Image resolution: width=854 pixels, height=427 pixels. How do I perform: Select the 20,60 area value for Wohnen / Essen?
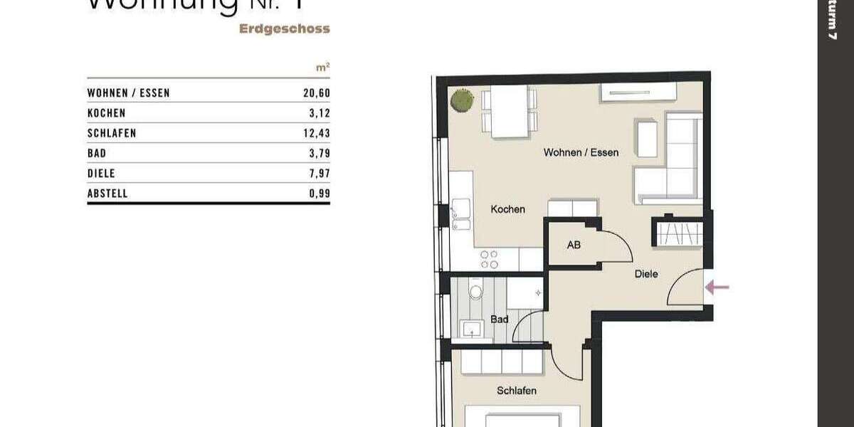[x=317, y=93]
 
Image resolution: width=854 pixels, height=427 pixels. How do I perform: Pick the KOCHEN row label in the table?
[x=106, y=113]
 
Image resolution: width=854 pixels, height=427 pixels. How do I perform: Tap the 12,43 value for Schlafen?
[x=317, y=133]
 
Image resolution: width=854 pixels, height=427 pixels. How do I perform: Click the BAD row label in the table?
[x=97, y=153]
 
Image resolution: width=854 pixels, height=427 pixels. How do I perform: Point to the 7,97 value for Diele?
[x=320, y=173]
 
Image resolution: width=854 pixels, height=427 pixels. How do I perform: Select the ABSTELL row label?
[x=107, y=193]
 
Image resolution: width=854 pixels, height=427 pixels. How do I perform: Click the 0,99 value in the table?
[x=320, y=193]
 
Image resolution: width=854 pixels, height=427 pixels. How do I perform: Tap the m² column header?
[x=322, y=68]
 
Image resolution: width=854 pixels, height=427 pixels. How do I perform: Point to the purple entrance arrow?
[x=717, y=288]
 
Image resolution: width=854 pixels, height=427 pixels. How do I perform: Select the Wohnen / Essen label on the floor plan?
[x=581, y=152]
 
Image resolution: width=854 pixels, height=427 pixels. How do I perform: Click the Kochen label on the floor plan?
[x=508, y=209]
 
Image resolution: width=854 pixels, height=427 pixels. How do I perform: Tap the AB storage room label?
[x=574, y=245]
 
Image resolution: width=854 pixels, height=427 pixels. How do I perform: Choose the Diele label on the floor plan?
[x=646, y=273]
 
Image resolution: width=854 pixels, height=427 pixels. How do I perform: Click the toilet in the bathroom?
[x=476, y=291]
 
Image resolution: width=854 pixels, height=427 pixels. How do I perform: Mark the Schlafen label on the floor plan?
[x=517, y=391]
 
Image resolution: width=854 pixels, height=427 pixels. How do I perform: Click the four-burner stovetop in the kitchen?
[x=489, y=259]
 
